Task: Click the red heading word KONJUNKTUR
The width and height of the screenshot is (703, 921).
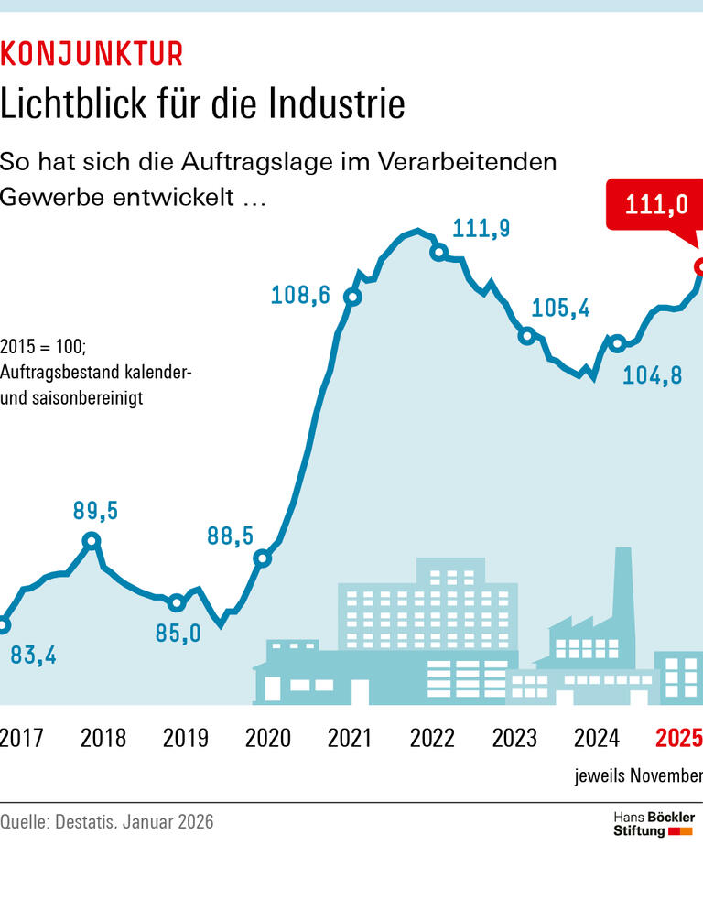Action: [92, 54]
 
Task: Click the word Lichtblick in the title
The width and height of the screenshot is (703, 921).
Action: [73, 104]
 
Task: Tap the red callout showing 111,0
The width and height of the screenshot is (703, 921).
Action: [655, 204]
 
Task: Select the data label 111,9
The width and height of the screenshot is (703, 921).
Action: [481, 229]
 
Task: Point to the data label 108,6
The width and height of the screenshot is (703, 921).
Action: [300, 296]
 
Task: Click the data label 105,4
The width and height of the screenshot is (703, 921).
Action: [560, 308]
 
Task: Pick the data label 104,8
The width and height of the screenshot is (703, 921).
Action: [653, 375]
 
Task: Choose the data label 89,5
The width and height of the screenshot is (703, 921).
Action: [95, 512]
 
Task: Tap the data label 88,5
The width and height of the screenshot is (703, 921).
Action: [230, 536]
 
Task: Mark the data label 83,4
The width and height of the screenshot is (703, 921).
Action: [33, 656]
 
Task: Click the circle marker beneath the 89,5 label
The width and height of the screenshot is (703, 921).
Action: [91, 541]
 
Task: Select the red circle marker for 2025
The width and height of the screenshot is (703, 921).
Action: [700, 266]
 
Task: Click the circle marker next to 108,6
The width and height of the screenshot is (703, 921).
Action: [352, 297]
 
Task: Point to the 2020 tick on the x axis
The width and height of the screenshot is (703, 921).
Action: [268, 738]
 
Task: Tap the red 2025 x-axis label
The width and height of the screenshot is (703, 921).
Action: [679, 738]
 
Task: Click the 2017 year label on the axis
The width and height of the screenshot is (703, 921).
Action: [21, 738]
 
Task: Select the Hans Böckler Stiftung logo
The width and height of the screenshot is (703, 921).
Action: [653, 823]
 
